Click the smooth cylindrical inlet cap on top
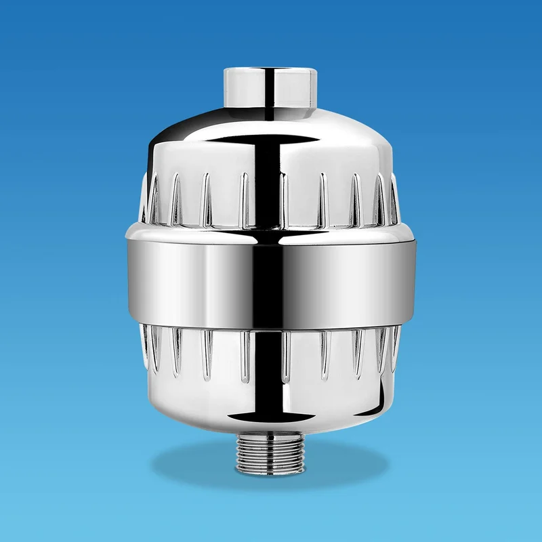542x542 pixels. tap(271, 91)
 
